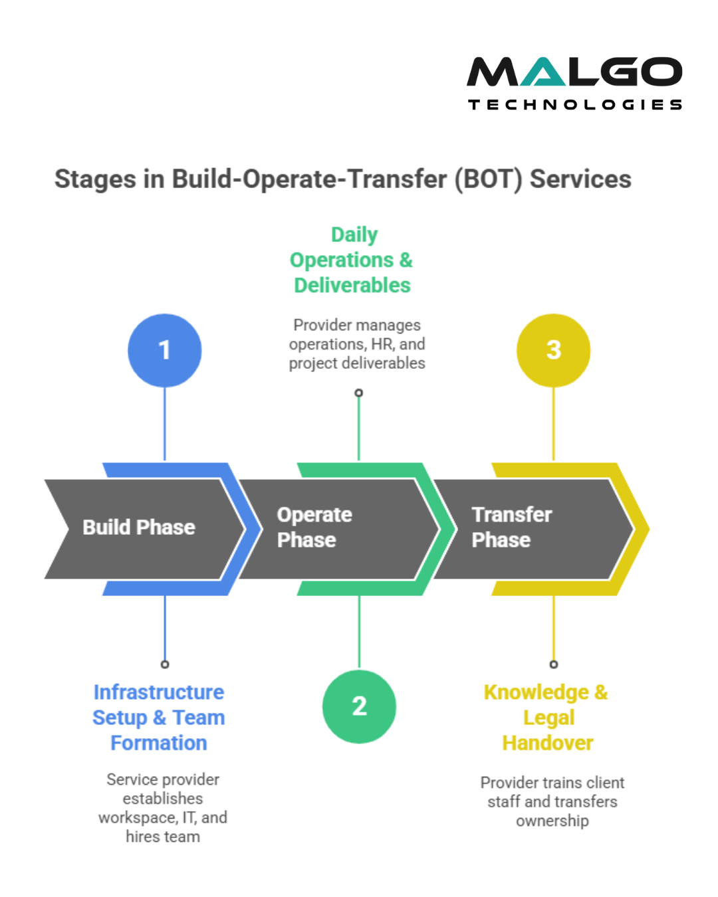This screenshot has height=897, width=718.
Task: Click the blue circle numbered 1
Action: (164, 350)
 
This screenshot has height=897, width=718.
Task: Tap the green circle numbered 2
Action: (359, 706)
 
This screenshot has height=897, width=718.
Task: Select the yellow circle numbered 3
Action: (553, 350)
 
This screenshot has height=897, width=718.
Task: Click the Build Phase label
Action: (139, 528)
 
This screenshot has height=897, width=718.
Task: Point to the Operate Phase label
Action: (314, 528)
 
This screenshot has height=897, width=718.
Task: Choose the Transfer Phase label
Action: (511, 528)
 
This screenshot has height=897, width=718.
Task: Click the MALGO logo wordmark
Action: (574, 72)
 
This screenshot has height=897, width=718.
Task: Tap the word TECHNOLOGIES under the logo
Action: (575, 105)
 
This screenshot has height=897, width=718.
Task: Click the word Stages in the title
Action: (95, 179)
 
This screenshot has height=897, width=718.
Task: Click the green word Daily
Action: (354, 235)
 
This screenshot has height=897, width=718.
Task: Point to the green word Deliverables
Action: (352, 286)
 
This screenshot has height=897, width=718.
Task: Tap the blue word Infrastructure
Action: (159, 692)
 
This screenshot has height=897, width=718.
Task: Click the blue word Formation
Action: (159, 743)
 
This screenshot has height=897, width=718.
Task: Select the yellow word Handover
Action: (548, 743)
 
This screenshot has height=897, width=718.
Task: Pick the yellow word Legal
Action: (548, 718)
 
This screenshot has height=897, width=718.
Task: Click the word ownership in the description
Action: (552, 821)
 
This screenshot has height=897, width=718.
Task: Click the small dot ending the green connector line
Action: (359, 393)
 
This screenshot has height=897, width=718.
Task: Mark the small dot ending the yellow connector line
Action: (554, 664)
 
